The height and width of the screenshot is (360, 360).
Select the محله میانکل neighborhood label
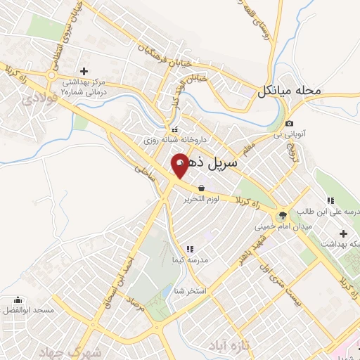[288, 91]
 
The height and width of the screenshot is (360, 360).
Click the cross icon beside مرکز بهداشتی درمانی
[84, 71]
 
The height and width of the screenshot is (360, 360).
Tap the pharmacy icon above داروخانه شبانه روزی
[176, 130]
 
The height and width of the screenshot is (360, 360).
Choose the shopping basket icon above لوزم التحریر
[202, 188]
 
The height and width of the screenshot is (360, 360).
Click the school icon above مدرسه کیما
[189, 249]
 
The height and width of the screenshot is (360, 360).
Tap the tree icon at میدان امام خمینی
[282, 215]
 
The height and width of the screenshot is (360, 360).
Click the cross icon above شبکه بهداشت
[344, 233]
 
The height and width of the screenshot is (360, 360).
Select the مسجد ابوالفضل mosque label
[23, 310]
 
